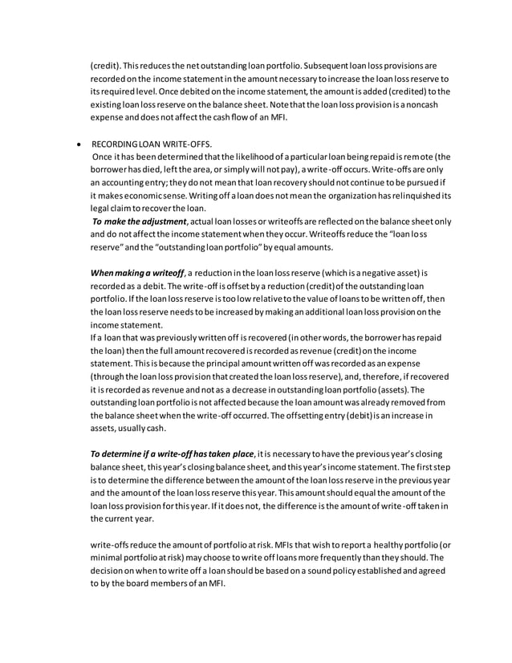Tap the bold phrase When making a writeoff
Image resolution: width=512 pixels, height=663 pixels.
point(137,273)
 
